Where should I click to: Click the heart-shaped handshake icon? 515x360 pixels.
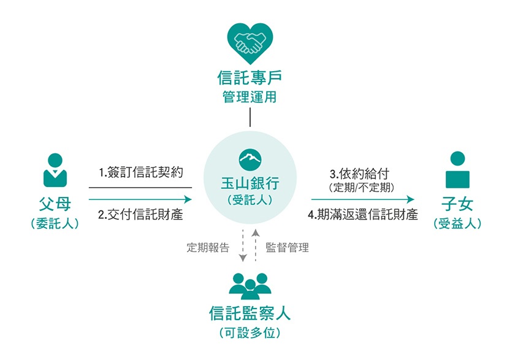(x=250, y=44)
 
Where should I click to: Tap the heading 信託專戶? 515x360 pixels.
(x=250, y=78)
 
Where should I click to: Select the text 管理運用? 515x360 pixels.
(x=250, y=97)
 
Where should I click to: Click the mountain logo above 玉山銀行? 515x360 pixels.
(x=250, y=160)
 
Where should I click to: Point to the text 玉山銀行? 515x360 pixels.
(x=250, y=183)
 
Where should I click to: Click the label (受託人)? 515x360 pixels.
(x=250, y=200)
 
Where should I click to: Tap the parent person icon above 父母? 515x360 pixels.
(x=55, y=170)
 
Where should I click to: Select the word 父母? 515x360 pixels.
(x=55, y=204)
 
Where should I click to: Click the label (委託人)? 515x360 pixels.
(x=55, y=224)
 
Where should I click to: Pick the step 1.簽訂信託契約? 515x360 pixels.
(x=141, y=172)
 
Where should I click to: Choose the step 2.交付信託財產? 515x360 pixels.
(x=140, y=215)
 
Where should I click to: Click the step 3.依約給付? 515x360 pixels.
(x=359, y=174)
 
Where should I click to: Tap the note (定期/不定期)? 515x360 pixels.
(x=361, y=188)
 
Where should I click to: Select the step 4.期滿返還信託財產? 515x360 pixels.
(x=363, y=215)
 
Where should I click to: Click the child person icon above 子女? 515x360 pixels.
(x=457, y=170)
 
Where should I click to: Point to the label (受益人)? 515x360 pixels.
(x=457, y=224)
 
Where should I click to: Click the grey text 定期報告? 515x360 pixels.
(x=208, y=247)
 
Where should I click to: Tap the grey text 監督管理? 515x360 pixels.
(x=287, y=247)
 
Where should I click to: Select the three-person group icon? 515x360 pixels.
(x=250, y=286)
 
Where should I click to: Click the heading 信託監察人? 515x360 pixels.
(x=250, y=313)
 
